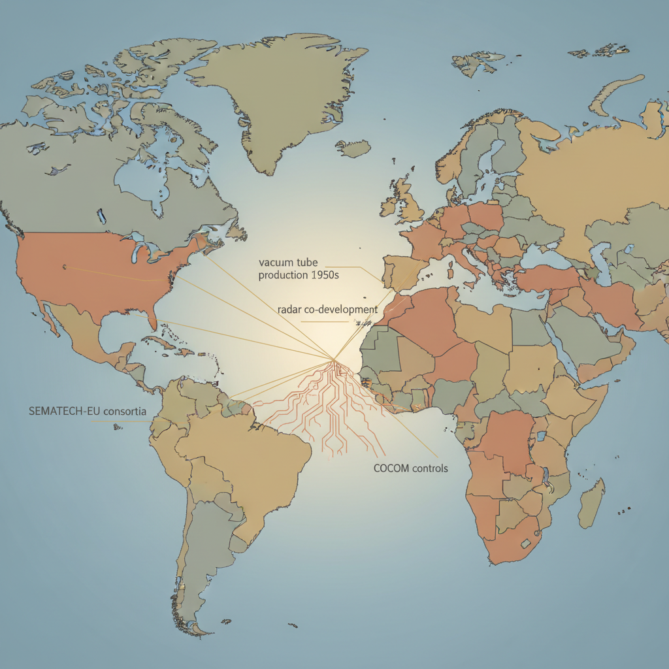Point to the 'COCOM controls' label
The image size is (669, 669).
410,468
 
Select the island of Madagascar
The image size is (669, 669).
591,503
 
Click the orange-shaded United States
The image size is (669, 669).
98,268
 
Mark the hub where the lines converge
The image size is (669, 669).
334,359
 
